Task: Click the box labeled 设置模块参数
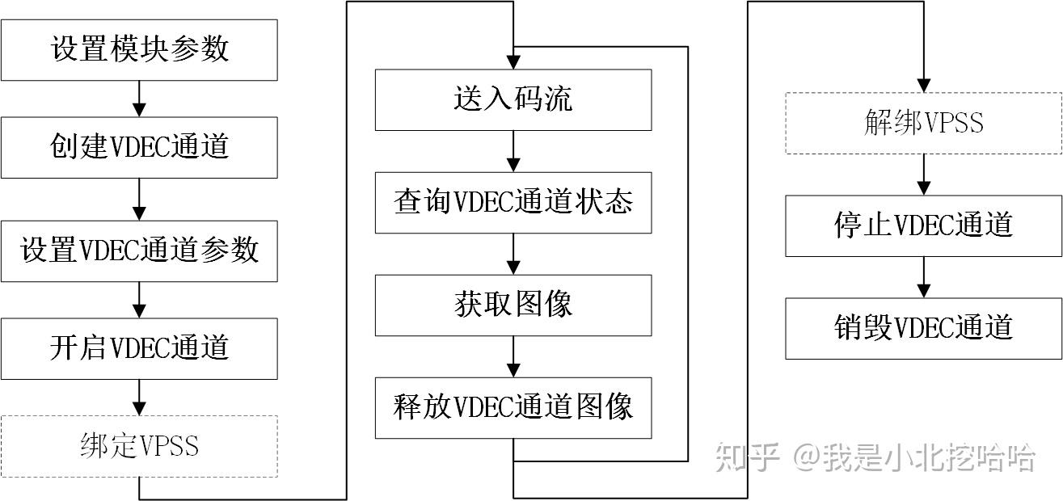coord(139,49)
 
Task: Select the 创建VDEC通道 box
coord(139,147)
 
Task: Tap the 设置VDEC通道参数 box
coord(139,250)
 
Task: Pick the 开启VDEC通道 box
coord(139,348)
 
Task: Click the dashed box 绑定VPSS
coord(139,446)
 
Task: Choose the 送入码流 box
coord(513,99)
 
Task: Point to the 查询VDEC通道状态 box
coord(513,202)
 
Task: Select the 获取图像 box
coord(513,305)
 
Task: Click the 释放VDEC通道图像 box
coord(513,407)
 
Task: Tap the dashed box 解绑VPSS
coord(924,123)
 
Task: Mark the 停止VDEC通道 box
coord(924,225)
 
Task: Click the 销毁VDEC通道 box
coord(924,328)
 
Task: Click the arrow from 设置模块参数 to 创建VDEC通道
coord(139,99)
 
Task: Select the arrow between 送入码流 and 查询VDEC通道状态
coord(513,151)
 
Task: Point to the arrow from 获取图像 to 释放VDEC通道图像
coord(513,356)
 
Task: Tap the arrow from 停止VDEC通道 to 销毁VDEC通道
coord(924,277)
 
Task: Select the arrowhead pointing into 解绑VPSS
coord(924,86)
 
